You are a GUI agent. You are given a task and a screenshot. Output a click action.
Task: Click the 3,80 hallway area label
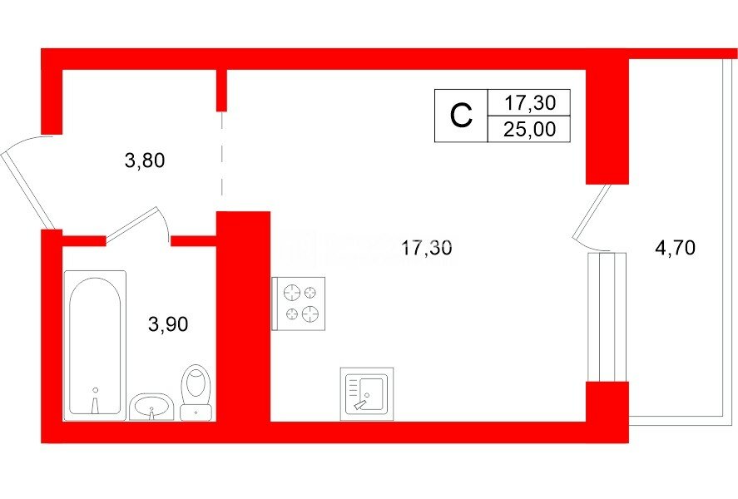click(x=145, y=161)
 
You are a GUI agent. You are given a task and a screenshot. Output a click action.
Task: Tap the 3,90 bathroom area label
click(x=168, y=324)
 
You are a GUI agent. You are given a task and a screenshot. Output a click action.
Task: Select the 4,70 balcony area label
click(x=675, y=247)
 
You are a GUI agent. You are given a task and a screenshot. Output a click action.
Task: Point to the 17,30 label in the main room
click(x=427, y=247)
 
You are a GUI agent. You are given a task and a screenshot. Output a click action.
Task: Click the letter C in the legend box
click(x=461, y=116)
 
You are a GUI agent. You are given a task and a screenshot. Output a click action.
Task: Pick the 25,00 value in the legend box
click(x=529, y=129)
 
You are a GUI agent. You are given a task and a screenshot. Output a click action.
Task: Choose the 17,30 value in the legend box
click(x=530, y=102)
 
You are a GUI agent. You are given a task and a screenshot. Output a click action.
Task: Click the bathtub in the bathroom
click(x=95, y=345)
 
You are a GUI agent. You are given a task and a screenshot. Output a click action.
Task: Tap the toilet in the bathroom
click(x=196, y=393)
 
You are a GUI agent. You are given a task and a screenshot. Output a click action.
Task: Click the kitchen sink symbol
click(x=367, y=394)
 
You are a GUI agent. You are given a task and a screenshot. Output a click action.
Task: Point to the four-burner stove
click(x=299, y=304)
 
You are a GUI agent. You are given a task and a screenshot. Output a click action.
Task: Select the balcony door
click(x=592, y=215)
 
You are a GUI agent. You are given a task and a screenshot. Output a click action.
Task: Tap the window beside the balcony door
click(x=607, y=317)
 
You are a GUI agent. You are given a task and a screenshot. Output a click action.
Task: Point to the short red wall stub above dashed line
click(x=221, y=90)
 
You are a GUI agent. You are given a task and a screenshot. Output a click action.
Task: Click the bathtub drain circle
click(x=95, y=390)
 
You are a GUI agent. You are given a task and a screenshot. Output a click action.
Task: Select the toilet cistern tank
click(x=196, y=412)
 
